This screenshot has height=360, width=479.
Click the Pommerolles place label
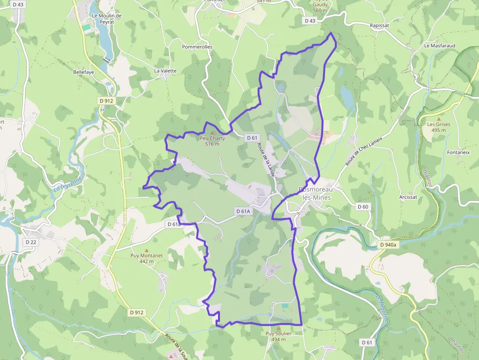point(197,47)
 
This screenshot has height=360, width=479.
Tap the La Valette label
point(165,71)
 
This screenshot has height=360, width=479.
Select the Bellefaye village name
point(84,72)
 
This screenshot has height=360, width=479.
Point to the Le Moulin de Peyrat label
point(107,19)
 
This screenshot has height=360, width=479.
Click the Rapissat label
point(379,25)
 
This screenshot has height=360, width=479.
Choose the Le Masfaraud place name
point(440,46)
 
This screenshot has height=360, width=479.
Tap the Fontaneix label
point(458,152)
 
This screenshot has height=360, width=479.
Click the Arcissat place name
point(408,197)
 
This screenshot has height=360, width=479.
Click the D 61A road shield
point(243,212)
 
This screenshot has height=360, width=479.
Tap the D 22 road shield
point(30,242)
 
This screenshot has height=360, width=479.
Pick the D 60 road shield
point(363,207)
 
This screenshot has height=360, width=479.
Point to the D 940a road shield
point(389,245)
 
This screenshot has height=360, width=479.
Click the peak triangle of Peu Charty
point(212,133)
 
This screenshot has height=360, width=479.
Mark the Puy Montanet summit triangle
point(146,251)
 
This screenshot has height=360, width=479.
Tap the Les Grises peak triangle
point(438,119)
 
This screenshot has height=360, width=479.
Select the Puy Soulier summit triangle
point(279,328)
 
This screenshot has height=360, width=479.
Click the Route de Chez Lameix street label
point(363,151)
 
